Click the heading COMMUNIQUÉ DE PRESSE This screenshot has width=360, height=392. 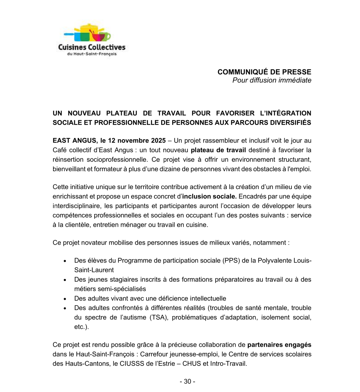pos(264,72)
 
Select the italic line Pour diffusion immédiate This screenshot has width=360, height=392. pos(271,80)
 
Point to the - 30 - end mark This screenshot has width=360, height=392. pos(187,381)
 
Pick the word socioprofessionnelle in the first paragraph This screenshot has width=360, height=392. pos(111,160)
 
